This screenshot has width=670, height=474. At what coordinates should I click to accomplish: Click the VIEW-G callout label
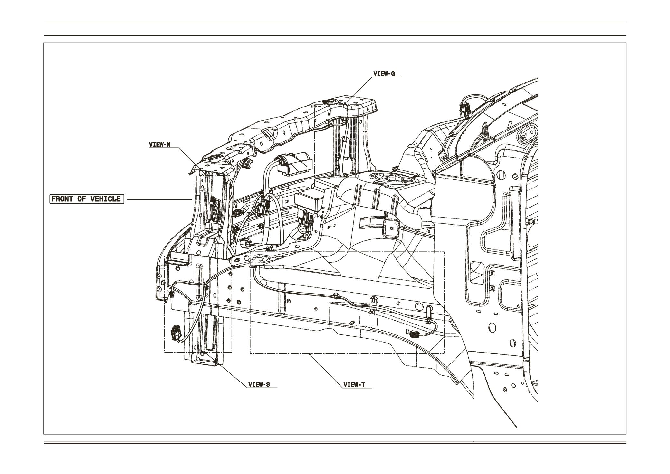pyautogui.click(x=384, y=73)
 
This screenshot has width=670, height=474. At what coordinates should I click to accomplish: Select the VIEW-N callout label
pyautogui.click(x=159, y=144)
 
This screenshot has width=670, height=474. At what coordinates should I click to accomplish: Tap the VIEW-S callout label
pyautogui.click(x=259, y=384)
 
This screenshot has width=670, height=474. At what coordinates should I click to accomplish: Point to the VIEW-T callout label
pyautogui.click(x=354, y=384)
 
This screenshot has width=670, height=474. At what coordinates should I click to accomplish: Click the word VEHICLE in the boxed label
pyautogui.click(x=105, y=199)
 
